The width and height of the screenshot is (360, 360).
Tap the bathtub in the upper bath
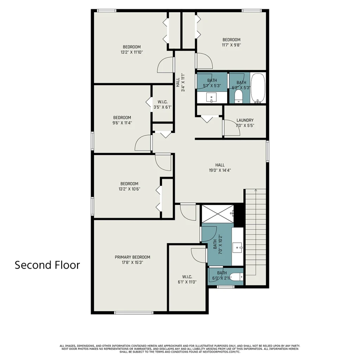tap(258, 88)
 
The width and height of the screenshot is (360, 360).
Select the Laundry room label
tap(245, 120)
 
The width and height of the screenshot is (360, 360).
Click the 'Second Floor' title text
tap(47, 265)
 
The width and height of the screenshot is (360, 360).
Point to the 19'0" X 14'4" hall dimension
tap(220, 171)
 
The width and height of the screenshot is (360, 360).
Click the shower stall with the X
tap(218, 214)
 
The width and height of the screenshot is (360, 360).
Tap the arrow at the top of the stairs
tap(256, 190)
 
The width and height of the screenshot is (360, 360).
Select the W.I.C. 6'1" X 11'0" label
tap(187, 279)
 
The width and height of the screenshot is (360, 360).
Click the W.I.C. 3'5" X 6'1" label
tap(162, 104)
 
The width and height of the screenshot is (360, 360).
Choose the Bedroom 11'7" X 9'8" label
tap(231, 42)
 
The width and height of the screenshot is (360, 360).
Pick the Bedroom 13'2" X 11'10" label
tap(131, 50)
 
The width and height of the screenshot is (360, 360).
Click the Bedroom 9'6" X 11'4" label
tap(122, 120)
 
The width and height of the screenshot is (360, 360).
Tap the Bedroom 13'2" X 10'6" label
tap(129, 186)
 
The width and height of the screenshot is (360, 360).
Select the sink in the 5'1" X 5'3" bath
tap(211, 97)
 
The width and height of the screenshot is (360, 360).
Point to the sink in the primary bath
tap(237, 247)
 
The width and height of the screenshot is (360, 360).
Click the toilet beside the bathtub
tap(239, 96)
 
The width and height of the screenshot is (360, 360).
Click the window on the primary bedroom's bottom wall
tap(134, 313)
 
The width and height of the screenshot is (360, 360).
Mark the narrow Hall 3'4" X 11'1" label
tap(180, 82)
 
